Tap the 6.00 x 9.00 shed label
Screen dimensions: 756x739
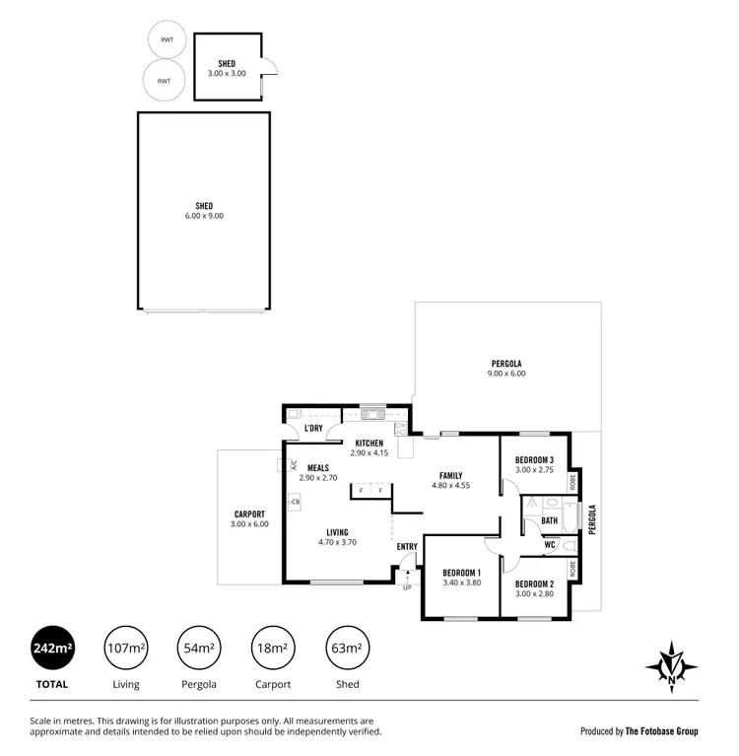click(204, 211)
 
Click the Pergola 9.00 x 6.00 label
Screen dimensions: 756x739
click(507, 368)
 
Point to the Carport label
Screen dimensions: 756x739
click(249, 518)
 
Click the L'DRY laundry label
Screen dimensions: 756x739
click(313, 429)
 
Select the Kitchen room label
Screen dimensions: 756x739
click(369, 447)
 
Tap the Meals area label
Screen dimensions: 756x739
click(318, 472)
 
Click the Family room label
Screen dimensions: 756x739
click(450, 480)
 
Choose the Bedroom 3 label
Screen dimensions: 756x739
click(534, 465)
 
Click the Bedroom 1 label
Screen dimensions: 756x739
click(461, 578)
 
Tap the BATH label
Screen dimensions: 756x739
click(549, 520)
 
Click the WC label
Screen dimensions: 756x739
click(550, 545)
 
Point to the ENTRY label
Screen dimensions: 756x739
click(407, 546)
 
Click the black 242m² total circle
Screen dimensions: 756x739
click(53, 649)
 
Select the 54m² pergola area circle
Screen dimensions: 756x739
click(198, 649)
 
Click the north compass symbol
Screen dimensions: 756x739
click(672, 666)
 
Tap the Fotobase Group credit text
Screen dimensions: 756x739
click(639, 731)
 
